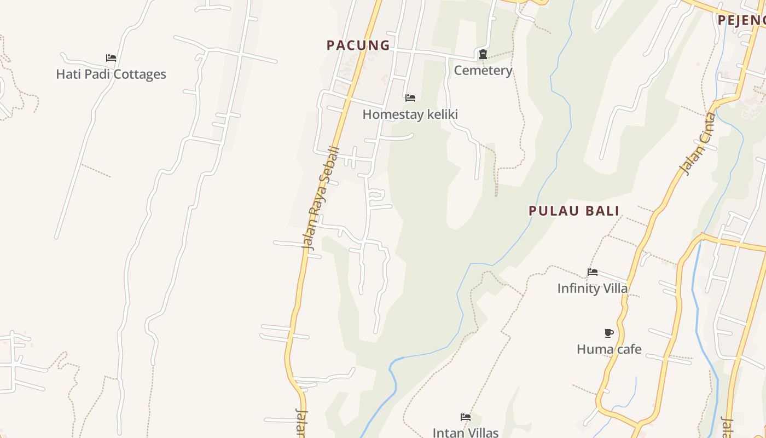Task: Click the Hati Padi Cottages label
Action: [x=111, y=74]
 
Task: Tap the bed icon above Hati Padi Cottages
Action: [x=111, y=58]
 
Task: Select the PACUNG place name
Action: [x=358, y=45]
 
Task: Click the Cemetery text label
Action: [x=483, y=71]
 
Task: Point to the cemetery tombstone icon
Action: [x=483, y=54]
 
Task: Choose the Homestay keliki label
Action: [x=410, y=114]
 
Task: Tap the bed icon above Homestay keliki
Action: [x=410, y=98]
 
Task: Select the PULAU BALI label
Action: [x=574, y=211]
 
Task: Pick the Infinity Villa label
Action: [x=593, y=289]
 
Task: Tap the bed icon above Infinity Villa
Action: [x=593, y=272]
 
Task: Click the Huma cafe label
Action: [x=609, y=349]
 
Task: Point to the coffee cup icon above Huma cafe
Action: [x=609, y=333]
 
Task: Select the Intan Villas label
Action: [x=466, y=433]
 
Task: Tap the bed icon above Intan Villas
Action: [x=466, y=417]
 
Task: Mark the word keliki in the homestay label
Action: [x=440, y=114]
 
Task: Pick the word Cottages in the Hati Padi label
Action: [x=140, y=74]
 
